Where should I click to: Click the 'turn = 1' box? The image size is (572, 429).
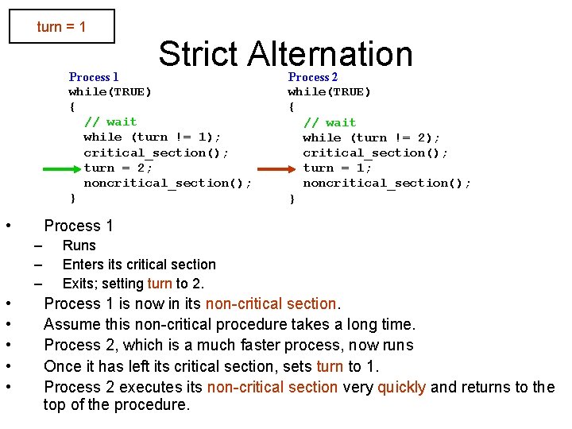(61, 27)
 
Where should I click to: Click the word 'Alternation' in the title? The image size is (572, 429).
(330, 54)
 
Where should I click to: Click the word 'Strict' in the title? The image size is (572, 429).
(198, 54)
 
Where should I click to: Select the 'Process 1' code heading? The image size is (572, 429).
(94, 77)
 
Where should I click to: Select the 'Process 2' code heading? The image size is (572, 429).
(312, 77)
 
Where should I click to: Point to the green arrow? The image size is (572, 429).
(59, 168)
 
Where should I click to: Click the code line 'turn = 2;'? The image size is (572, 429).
(118, 168)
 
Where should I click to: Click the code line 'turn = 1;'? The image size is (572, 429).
(337, 168)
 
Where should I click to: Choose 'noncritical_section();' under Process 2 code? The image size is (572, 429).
(387, 184)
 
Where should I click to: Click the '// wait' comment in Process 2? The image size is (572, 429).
(330, 122)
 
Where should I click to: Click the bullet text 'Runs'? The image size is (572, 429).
(79, 245)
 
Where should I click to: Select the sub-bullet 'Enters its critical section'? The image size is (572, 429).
(139, 265)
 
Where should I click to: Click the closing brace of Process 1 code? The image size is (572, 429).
(72, 198)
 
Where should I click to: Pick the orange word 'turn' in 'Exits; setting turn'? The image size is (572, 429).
(159, 284)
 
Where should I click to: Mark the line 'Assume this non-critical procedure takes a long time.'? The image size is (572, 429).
(230, 324)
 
